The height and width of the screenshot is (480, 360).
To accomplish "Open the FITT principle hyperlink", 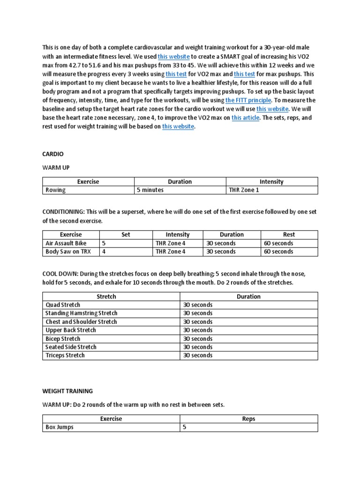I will (x=248, y=100).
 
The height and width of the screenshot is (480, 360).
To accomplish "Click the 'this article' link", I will (x=245, y=118).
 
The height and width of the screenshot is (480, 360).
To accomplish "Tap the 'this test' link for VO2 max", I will (x=176, y=74).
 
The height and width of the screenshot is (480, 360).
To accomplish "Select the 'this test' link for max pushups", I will (x=244, y=74).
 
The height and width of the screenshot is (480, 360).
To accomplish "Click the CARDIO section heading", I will (x=52, y=154).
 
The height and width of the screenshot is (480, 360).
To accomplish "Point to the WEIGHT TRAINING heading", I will (x=67, y=391).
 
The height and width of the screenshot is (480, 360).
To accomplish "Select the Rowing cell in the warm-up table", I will (x=56, y=190).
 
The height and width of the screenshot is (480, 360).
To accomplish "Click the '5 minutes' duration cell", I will (x=151, y=190).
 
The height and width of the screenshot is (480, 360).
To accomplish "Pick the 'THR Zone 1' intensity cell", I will (x=243, y=190).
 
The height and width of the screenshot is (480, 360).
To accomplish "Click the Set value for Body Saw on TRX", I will (x=104, y=252).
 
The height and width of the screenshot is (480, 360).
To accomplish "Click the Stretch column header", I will (x=106, y=296).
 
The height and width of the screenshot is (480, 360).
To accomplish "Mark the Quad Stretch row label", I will (x=63, y=305).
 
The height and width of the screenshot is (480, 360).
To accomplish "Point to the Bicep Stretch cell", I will (x=63, y=338).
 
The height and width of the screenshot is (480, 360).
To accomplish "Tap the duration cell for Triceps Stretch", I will (x=198, y=355).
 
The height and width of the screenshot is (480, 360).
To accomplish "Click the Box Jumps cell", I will (x=60, y=427).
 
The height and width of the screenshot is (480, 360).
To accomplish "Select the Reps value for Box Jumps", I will (x=185, y=427).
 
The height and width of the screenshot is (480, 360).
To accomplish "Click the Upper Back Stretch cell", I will (x=70, y=330).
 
